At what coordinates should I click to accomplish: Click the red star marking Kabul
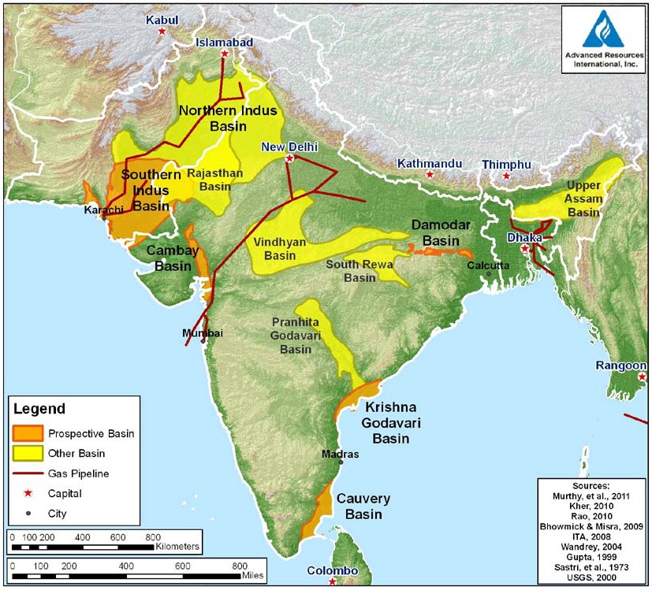click(162, 32)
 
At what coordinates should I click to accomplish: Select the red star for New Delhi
click(289, 158)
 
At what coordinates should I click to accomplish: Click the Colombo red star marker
click(333, 582)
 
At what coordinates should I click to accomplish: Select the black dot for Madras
click(341, 462)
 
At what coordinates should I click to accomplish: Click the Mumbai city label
click(203, 333)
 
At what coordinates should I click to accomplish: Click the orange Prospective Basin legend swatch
click(29, 434)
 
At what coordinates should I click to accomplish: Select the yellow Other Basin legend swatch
click(29, 454)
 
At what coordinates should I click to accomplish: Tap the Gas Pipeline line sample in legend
click(29, 474)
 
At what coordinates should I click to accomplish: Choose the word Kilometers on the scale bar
click(178, 545)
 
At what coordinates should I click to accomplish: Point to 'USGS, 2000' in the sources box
click(591, 577)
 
